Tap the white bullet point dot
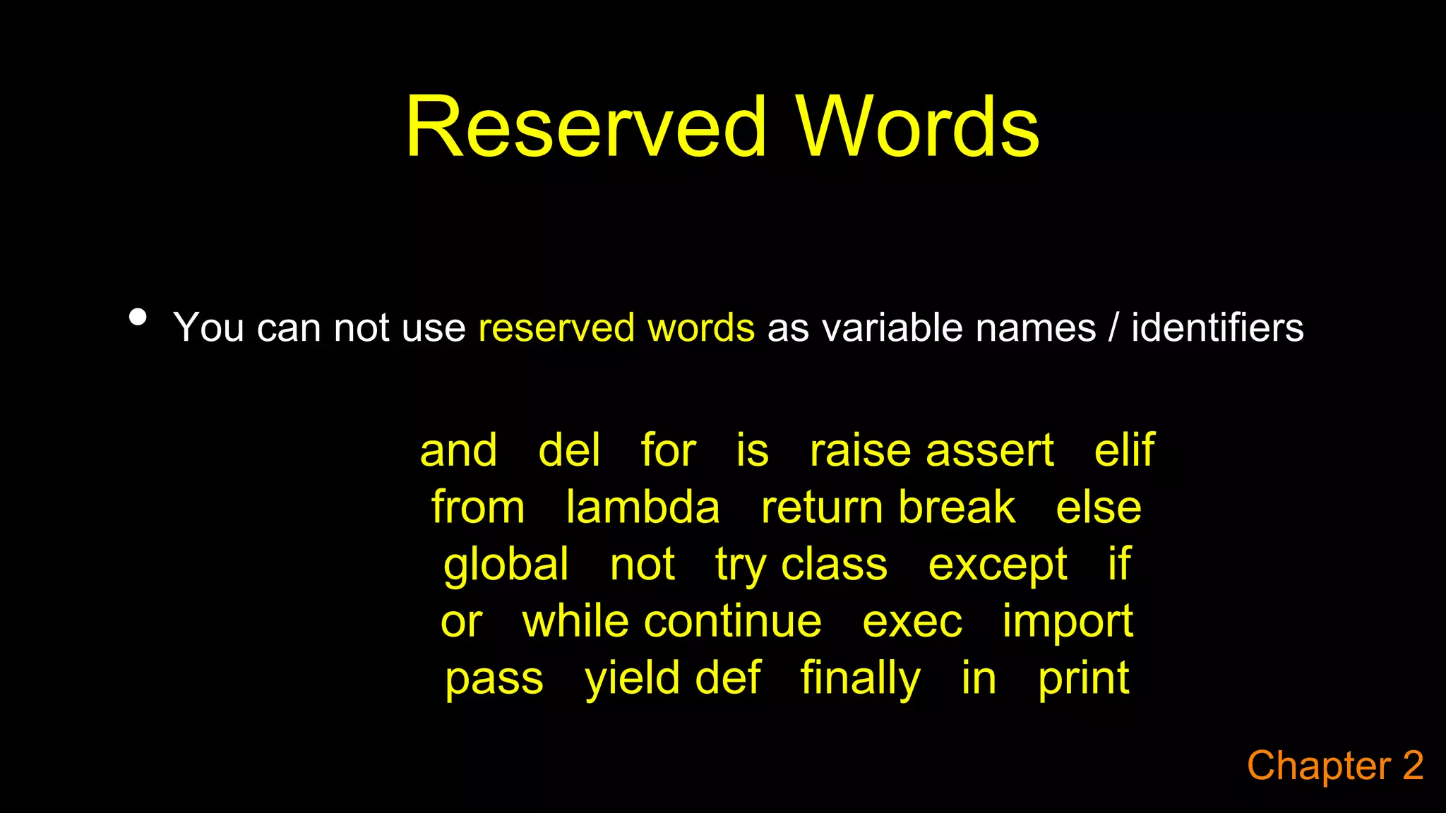pyautogui.click(x=138, y=317)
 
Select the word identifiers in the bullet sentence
pyautogui.click(x=1217, y=328)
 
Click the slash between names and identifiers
pyautogui.click(x=1113, y=328)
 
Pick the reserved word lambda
pyautogui.click(x=643, y=507)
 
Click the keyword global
pyautogui.click(x=506, y=565)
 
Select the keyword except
pyautogui.click(x=997, y=565)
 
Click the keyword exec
pyautogui.click(x=912, y=622)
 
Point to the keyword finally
pyautogui.click(x=860, y=679)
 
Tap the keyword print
pyautogui.click(x=1083, y=679)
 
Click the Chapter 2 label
pyautogui.click(x=1334, y=766)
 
